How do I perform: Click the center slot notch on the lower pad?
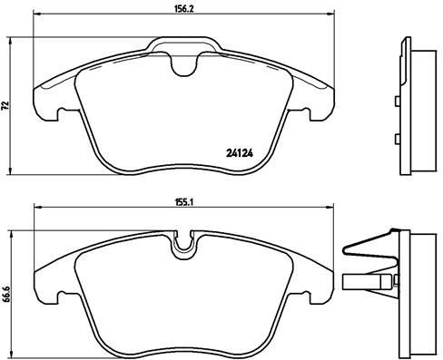[189, 243]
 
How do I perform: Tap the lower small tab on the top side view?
[398, 139]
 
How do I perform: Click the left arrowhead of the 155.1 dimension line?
[36, 209]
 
